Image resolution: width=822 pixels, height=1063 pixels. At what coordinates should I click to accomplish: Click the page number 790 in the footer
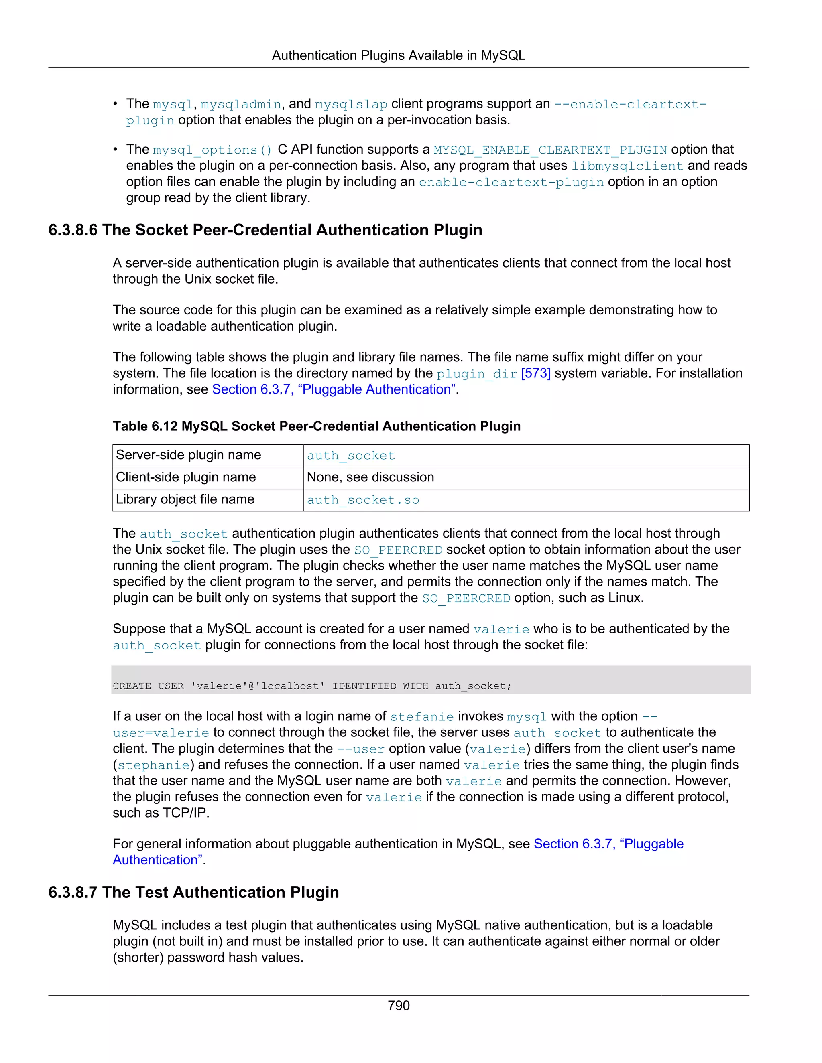[x=398, y=1005]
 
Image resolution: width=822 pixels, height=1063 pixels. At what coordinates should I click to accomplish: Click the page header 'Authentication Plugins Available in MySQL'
[x=398, y=55]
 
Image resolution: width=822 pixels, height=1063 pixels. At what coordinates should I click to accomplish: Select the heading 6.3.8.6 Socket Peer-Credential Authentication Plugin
[x=265, y=230]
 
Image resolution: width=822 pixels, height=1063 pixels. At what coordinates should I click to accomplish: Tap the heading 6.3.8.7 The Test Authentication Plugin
[x=194, y=892]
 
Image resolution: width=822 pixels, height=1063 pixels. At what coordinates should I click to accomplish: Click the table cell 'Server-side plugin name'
[x=189, y=455]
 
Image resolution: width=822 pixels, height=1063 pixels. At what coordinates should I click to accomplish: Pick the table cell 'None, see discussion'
[x=370, y=477]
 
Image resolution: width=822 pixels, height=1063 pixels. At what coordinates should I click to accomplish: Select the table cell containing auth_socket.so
[x=363, y=500]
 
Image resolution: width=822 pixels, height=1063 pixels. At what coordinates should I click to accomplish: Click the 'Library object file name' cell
[x=185, y=499]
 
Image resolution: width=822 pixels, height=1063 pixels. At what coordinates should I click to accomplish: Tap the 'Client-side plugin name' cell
[x=185, y=477]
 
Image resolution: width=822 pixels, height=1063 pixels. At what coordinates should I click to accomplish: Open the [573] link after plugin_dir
[x=536, y=373]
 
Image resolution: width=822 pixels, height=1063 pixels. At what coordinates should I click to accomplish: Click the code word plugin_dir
[x=476, y=374]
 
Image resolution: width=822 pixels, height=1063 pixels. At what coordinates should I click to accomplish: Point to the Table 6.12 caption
[x=317, y=426]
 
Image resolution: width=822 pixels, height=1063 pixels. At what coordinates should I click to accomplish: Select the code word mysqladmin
[x=240, y=105]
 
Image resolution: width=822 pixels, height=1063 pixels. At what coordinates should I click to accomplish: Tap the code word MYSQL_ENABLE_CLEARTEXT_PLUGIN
[x=550, y=150]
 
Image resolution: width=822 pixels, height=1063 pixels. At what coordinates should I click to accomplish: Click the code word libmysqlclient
[x=627, y=166]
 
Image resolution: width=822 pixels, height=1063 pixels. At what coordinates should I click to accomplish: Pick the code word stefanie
[x=422, y=717]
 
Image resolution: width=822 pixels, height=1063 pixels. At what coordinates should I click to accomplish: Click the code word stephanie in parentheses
[x=153, y=765]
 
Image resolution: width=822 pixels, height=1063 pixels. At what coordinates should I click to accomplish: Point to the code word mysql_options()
[x=212, y=150]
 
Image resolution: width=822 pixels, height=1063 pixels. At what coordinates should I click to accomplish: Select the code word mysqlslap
[x=351, y=105]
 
